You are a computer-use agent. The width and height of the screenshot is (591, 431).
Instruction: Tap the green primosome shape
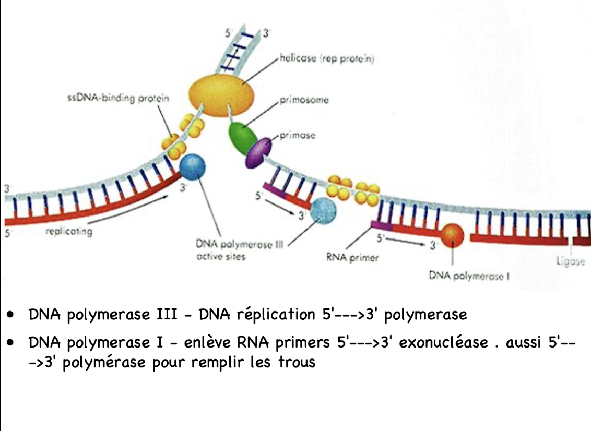click(x=241, y=137)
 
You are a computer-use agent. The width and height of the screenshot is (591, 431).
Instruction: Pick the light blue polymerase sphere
click(x=323, y=211)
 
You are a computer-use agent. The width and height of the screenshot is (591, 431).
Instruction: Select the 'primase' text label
click(x=298, y=136)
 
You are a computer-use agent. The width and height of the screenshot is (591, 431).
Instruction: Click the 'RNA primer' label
click(x=352, y=258)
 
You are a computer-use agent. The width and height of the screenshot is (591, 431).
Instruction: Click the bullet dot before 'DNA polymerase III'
click(x=10, y=315)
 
